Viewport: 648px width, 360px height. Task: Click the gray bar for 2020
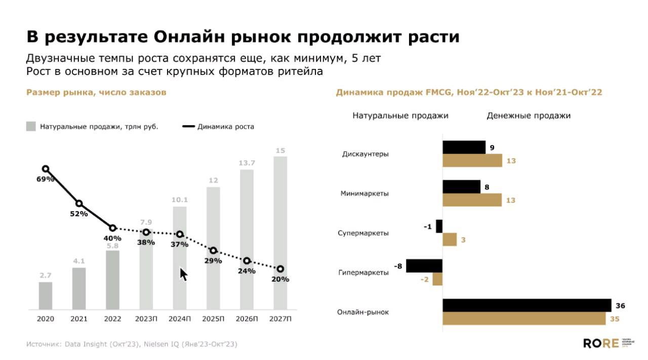(x=46, y=296)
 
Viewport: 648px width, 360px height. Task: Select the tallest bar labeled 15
(x=280, y=233)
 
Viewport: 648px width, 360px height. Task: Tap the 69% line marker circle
(x=46, y=169)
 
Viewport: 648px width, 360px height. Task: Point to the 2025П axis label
(x=213, y=319)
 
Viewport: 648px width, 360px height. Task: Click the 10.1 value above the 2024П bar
(x=180, y=200)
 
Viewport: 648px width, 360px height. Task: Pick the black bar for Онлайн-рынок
(x=527, y=305)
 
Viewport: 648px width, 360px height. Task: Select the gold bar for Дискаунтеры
(x=472, y=161)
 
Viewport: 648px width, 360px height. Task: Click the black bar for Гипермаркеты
(x=424, y=266)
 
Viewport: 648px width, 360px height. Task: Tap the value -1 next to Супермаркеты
(x=428, y=226)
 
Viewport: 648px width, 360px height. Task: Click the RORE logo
(x=600, y=343)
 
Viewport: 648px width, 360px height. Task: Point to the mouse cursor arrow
(x=183, y=274)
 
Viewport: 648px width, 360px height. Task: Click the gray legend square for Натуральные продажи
(x=31, y=127)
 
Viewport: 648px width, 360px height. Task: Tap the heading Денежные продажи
(x=529, y=115)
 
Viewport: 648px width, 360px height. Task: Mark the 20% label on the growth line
(x=280, y=279)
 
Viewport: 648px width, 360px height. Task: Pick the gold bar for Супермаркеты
(x=450, y=239)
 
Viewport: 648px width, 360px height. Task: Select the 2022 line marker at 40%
(x=112, y=228)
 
